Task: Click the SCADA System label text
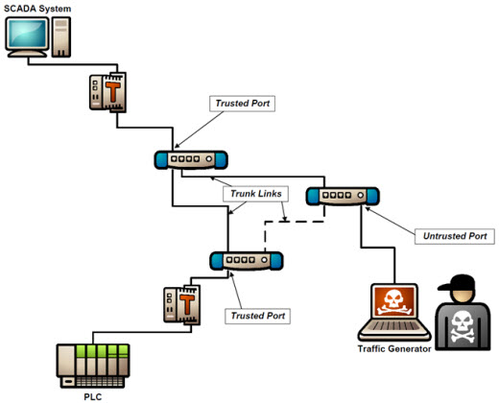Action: point(37,9)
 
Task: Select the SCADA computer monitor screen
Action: point(27,34)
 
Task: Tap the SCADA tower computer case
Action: point(61,37)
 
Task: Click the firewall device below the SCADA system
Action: point(107,92)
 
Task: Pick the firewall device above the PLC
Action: point(182,305)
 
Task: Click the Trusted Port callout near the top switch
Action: point(242,104)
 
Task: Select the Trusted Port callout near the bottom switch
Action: point(258,316)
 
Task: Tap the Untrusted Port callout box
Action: point(455,236)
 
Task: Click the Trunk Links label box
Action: point(256,194)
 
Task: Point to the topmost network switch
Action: point(191,159)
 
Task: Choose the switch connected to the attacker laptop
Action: point(343,196)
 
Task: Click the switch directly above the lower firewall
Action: point(247,261)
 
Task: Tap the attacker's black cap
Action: point(457,283)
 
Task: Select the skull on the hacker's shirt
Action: point(463,328)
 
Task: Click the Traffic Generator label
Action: point(394,349)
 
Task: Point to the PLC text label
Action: point(93,397)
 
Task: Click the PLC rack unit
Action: point(93,366)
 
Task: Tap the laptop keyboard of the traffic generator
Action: point(394,326)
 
